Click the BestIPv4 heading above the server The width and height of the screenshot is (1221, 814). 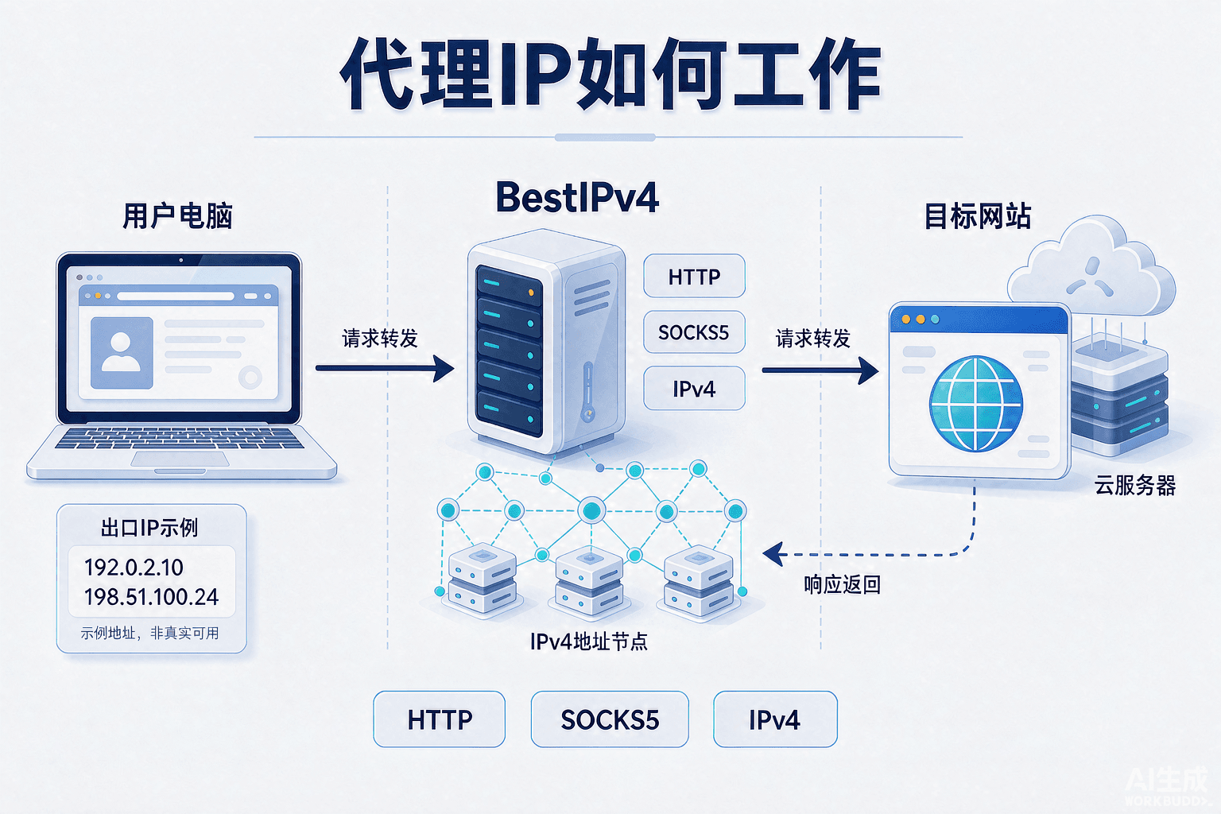[577, 197]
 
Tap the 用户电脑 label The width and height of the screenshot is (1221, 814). [178, 216]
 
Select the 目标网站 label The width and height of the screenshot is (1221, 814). [978, 216]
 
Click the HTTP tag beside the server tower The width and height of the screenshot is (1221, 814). [695, 277]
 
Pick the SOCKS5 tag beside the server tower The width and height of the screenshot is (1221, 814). [695, 332]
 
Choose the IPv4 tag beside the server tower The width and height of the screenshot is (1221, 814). [695, 388]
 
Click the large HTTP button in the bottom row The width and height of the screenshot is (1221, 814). [440, 719]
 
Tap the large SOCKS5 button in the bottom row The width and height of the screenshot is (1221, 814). [610, 719]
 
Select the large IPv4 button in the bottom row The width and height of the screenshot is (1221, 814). [775, 719]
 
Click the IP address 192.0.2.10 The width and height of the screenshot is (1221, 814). [134, 568]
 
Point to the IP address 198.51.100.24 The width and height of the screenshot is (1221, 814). [152, 597]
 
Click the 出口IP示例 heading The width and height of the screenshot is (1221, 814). [149, 528]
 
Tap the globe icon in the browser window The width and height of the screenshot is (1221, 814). [975, 404]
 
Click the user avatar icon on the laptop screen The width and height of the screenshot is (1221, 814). [121, 353]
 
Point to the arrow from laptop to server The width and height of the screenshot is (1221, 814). [385, 369]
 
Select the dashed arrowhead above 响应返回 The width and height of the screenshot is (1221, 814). [774, 555]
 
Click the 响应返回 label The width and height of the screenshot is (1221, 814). [842, 585]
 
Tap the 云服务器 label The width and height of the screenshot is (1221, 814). [1135, 485]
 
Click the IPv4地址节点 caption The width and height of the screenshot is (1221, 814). [589, 642]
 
